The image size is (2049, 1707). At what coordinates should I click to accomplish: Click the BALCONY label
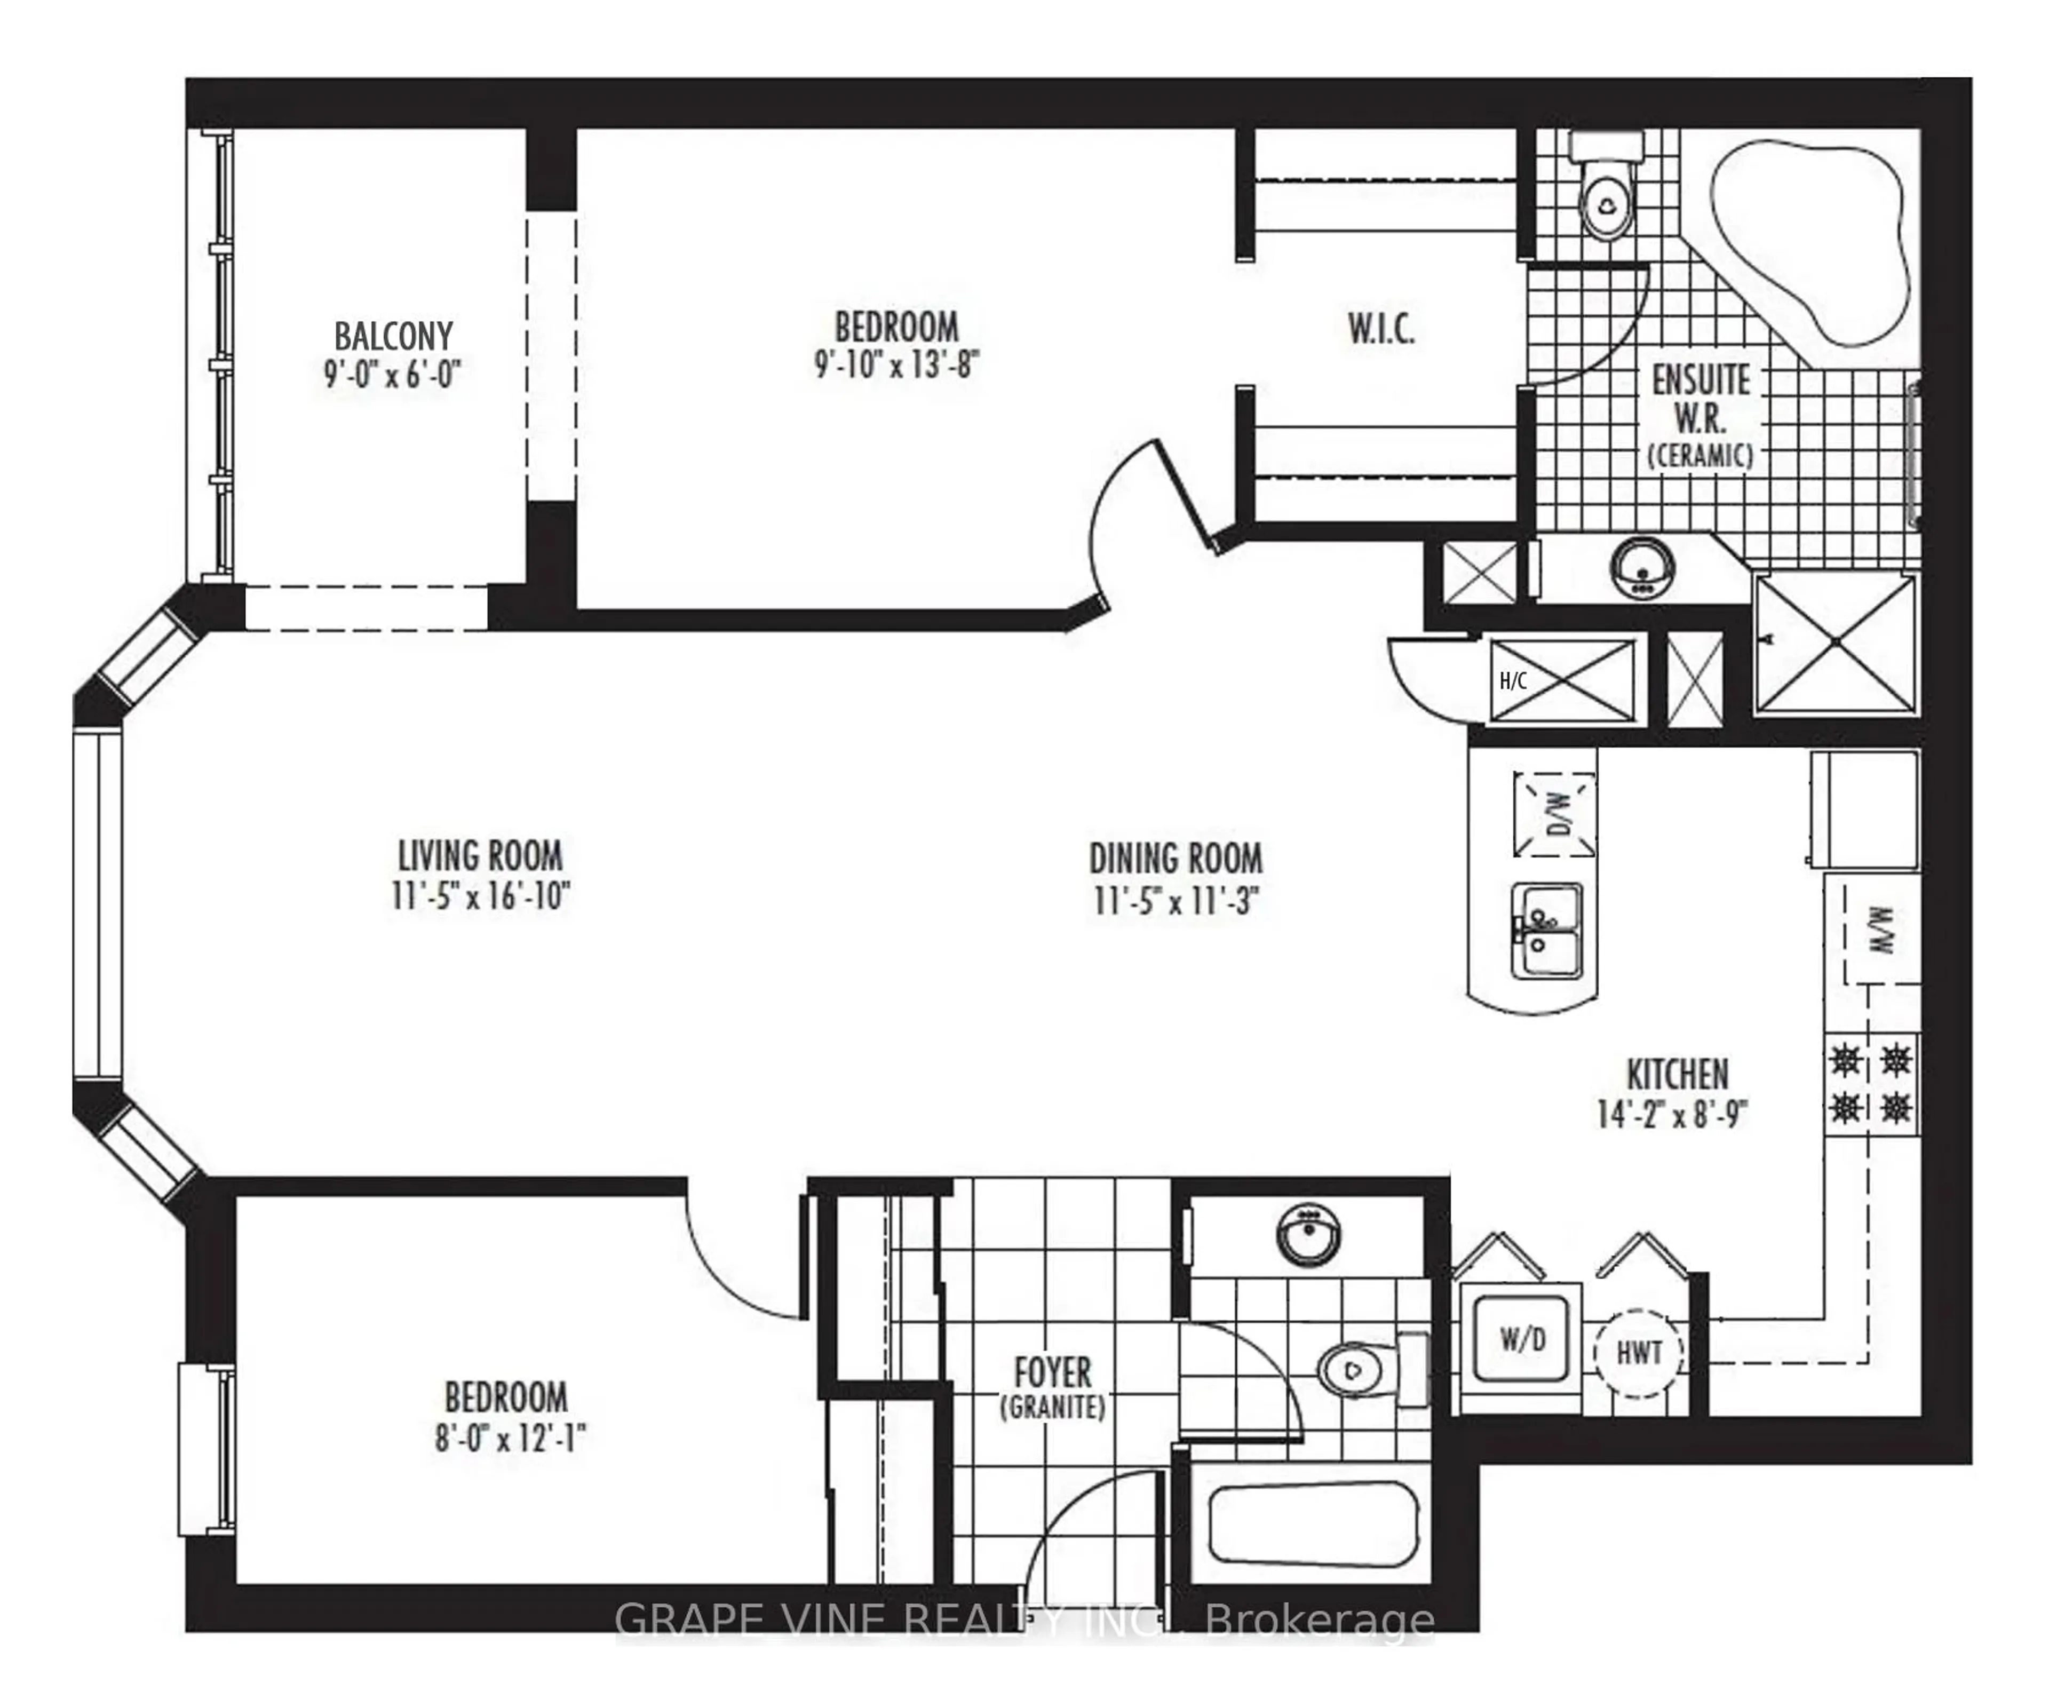click(393, 337)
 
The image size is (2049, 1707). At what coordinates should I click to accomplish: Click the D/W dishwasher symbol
click(1555, 813)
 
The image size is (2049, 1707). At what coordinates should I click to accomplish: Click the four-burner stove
click(1870, 1083)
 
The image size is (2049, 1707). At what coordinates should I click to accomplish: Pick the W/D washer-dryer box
click(1522, 1339)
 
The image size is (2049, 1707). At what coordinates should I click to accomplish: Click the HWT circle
click(1639, 1353)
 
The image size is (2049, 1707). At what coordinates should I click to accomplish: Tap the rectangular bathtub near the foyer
click(1313, 1525)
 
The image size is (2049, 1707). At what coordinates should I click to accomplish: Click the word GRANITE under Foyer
click(1053, 1407)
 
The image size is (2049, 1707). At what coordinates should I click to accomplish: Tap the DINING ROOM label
click(1176, 859)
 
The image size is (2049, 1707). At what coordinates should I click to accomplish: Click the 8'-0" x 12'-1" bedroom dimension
click(510, 1438)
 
